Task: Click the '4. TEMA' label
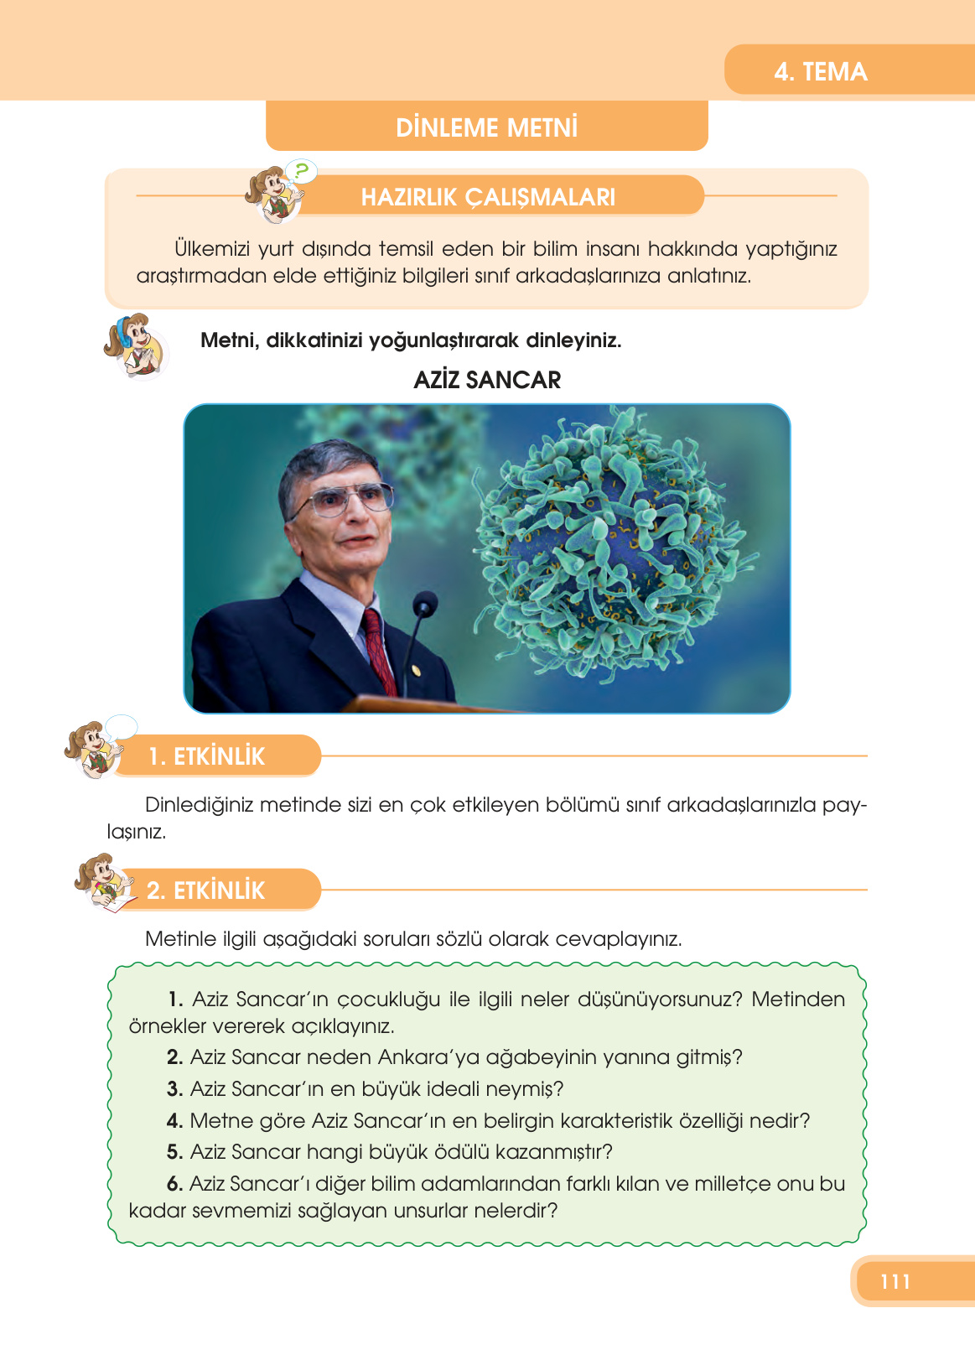pyautogui.click(x=820, y=72)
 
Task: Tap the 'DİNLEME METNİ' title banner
pyautogui.click(x=487, y=127)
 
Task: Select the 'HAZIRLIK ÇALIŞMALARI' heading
pyautogui.click(x=488, y=197)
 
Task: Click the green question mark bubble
pyautogui.click(x=301, y=171)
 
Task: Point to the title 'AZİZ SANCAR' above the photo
pyautogui.click(x=487, y=380)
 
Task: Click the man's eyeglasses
pyautogui.click(x=342, y=501)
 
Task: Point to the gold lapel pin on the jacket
pyautogui.click(x=416, y=671)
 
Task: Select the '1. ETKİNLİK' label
pyautogui.click(x=207, y=756)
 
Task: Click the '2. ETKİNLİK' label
pyautogui.click(x=205, y=890)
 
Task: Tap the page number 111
pyautogui.click(x=895, y=1281)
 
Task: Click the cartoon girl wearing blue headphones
pyautogui.click(x=136, y=346)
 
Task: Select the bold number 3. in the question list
pyautogui.click(x=175, y=1089)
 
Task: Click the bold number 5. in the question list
pyautogui.click(x=175, y=1152)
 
